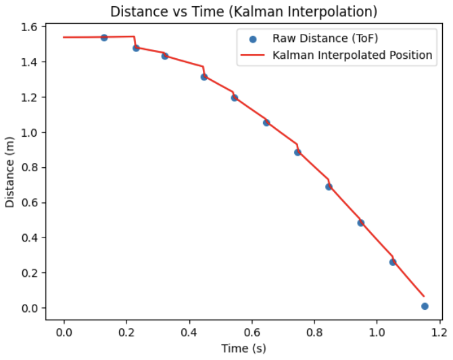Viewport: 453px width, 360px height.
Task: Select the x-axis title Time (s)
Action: click(243, 348)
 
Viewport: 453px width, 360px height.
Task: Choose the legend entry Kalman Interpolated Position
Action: click(352, 55)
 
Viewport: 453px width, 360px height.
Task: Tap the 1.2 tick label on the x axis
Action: click(440, 332)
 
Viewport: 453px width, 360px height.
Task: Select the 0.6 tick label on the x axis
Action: click(252, 332)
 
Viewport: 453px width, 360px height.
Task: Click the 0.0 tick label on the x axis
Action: click(64, 332)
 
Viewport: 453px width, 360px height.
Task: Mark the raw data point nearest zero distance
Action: click(425, 306)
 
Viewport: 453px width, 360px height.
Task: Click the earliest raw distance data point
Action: click(104, 37)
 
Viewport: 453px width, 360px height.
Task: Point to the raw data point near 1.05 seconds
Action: click(393, 262)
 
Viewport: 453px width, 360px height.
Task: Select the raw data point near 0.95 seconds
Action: click(361, 223)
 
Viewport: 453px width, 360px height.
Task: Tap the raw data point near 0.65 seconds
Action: click(266, 122)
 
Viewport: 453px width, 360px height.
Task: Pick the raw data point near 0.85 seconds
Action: click(329, 187)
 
